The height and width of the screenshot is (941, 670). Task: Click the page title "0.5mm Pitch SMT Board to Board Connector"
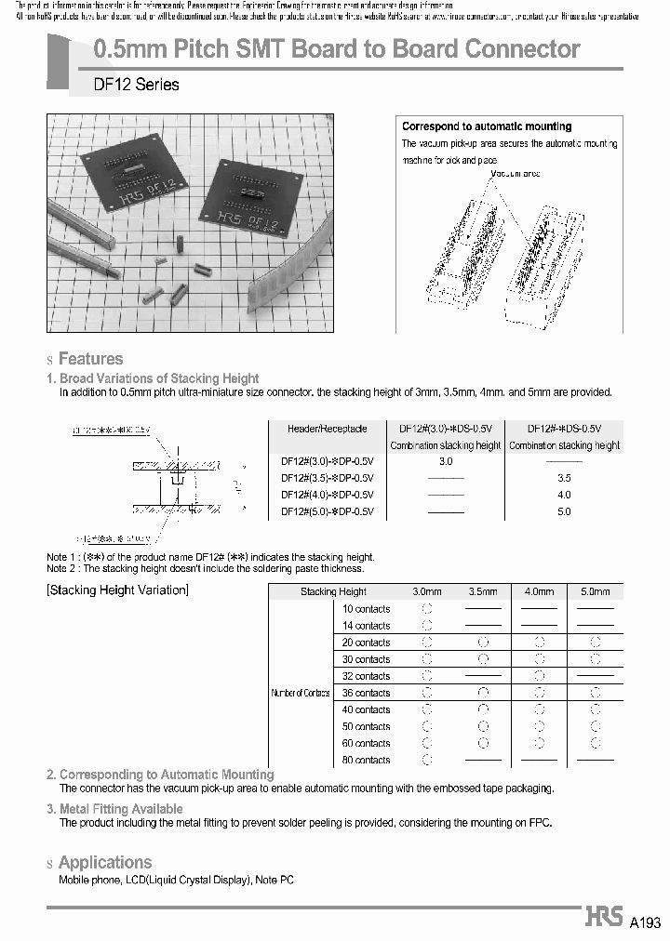click(338, 49)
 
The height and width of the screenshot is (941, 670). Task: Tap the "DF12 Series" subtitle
click(136, 85)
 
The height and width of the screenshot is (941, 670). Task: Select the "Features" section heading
click(90, 359)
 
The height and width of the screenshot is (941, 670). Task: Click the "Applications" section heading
click(104, 863)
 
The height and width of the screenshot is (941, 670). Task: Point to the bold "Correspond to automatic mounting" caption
click(487, 126)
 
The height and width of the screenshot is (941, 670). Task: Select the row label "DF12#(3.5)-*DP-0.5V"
click(327, 478)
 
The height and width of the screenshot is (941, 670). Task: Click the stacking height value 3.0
click(445, 461)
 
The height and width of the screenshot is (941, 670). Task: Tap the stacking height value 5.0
click(564, 511)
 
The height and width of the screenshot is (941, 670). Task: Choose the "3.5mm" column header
click(483, 591)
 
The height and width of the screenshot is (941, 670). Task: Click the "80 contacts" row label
click(366, 760)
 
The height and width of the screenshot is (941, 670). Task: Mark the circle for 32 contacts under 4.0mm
click(539, 676)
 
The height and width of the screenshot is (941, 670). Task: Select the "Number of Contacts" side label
click(299, 694)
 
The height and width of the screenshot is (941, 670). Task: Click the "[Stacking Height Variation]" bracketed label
click(117, 590)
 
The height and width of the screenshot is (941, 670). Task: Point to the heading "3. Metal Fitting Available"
click(114, 809)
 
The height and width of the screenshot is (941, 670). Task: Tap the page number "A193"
click(645, 922)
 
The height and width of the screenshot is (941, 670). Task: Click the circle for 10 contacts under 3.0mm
click(427, 609)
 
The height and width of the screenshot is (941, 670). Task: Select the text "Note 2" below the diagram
click(62, 568)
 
